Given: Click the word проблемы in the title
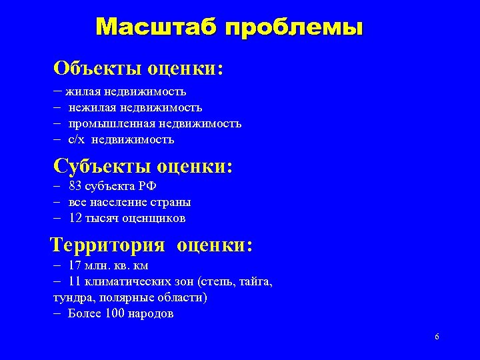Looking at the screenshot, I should pos(294,28).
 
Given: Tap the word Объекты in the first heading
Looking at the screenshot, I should pos(98,68).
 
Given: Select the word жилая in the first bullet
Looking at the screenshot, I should pos(80,91).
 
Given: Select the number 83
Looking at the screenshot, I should pos(75,186).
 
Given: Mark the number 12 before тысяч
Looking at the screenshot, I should pos(75,218).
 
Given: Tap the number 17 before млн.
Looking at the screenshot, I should pos(75,265).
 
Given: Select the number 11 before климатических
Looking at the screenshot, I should pos(75,281).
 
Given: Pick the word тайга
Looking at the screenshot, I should pos(256,282).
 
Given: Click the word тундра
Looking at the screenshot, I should pos(73,297).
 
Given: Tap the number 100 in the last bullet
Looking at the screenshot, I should pos(114,313).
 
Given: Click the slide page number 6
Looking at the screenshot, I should pos(437,337).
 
